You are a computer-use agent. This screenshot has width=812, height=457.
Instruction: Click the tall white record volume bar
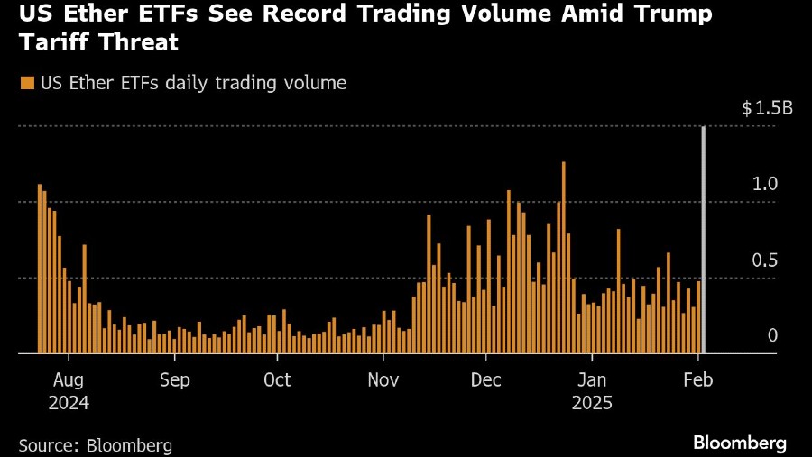704,240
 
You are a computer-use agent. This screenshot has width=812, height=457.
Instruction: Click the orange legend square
26,83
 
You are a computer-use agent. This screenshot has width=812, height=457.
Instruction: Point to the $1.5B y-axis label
767,109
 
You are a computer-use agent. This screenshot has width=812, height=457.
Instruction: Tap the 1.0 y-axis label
765,184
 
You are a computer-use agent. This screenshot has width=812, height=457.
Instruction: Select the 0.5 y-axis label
765,260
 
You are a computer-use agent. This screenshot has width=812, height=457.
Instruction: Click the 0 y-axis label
772,335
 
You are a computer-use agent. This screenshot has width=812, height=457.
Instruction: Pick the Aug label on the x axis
69,379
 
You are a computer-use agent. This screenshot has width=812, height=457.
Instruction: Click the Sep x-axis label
174,379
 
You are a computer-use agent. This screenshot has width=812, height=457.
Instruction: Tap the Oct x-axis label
277,379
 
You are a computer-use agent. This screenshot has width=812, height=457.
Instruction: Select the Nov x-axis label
383,379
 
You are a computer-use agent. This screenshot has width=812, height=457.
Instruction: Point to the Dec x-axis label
486,379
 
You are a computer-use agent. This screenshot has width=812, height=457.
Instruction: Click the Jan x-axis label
592,379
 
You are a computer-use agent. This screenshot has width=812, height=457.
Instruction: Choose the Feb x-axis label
697,379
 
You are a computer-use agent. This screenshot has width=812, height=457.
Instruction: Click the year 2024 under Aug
69,403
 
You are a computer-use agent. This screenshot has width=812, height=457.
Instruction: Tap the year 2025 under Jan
592,403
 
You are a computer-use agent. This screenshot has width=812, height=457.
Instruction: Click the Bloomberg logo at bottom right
740,443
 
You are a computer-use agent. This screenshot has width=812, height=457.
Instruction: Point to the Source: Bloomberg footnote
95,444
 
